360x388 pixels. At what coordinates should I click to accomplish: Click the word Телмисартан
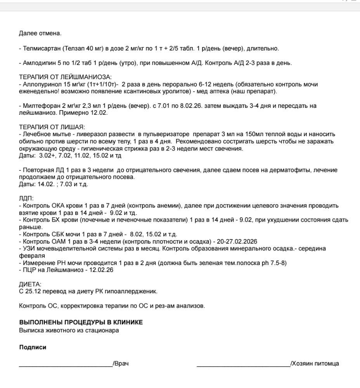click(40, 48)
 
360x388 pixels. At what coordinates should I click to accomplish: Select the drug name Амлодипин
click(38, 63)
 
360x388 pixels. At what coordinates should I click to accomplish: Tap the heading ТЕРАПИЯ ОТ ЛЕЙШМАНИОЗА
click(65, 77)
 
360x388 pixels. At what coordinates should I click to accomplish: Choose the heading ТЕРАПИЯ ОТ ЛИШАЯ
click(52, 127)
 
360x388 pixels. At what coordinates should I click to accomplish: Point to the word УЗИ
click(29, 248)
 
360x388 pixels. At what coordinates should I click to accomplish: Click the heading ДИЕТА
click(30, 284)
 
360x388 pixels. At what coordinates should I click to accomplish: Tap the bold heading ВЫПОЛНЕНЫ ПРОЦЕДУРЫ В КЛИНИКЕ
click(81, 322)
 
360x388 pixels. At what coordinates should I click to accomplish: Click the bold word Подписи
click(33, 347)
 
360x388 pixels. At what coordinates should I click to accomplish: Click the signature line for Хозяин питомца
click(243, 364)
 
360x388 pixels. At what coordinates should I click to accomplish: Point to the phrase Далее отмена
click(40, 33)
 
